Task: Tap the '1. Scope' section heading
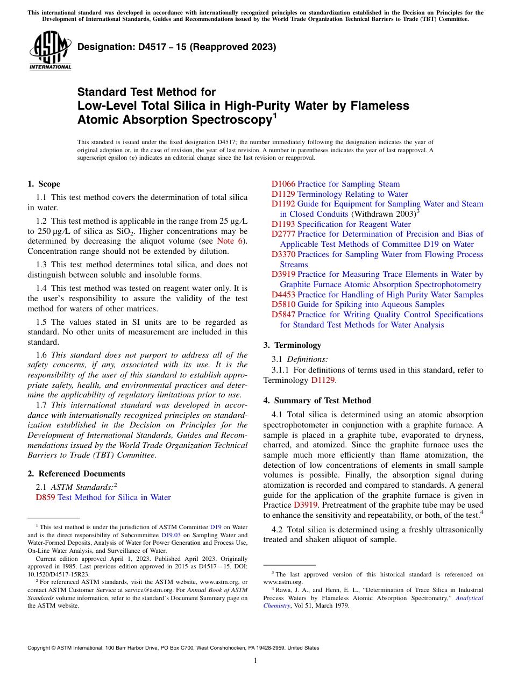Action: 44,184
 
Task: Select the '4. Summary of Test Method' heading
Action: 317,401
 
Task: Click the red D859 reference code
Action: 45,497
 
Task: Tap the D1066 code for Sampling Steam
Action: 283,184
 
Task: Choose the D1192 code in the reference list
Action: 283,204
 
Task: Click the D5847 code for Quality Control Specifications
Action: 283,315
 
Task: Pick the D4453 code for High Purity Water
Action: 283,295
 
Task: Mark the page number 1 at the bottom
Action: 256,661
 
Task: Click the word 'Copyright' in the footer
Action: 41,648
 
